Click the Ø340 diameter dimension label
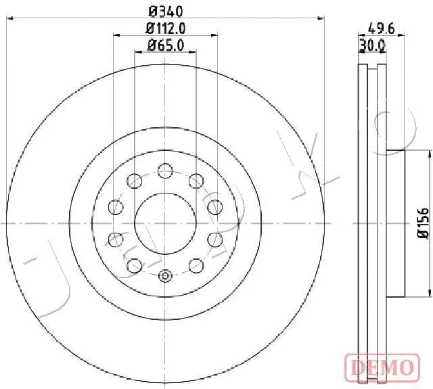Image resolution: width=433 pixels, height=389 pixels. pos(166,12)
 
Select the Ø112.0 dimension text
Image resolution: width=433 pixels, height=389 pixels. pos(166,28)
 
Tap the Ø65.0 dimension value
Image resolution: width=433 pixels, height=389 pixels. pos(166,45)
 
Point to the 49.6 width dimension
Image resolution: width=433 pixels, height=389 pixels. pos(382,28)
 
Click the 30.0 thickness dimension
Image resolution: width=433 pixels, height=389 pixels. pos(372,46)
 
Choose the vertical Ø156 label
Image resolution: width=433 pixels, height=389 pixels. pos(423,223)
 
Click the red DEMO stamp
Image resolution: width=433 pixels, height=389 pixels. pos(382,367)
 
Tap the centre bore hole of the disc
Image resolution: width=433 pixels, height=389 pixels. pos(165,223)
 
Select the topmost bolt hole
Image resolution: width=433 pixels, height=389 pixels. pos(165,170)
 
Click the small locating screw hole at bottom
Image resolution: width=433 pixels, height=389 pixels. pos(165,275)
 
